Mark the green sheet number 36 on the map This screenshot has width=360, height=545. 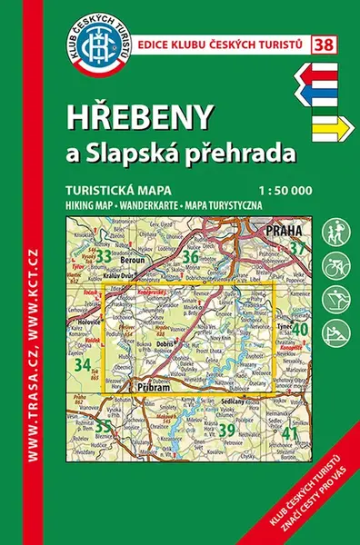pos(190,257)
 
